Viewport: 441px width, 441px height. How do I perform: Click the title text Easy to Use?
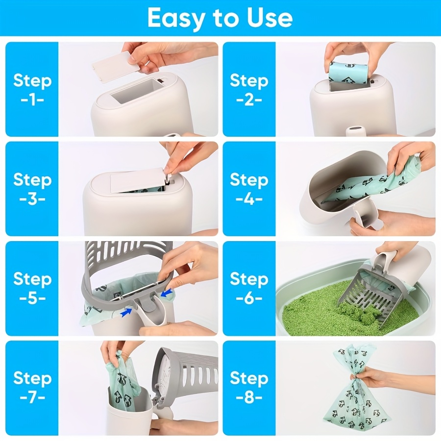click(220, 18)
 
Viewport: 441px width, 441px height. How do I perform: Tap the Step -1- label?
click(32, 89)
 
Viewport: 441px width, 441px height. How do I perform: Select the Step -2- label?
click(249, 89)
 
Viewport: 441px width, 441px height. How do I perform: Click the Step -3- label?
click(32, 189)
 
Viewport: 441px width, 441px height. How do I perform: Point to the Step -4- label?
click(249, 189)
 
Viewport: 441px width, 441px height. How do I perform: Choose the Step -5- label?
click(32, 288)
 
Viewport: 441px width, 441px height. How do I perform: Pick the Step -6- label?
click(249, 288)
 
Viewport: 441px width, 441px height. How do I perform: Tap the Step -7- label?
click(32, 388)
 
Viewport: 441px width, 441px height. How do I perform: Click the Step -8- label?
click(249, 388)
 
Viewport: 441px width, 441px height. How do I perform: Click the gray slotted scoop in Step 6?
click(372, 289)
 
